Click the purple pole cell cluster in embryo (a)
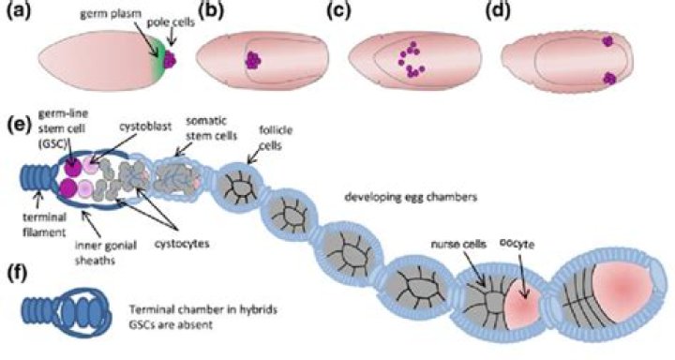(170, 60)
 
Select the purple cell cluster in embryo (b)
(251, 60)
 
